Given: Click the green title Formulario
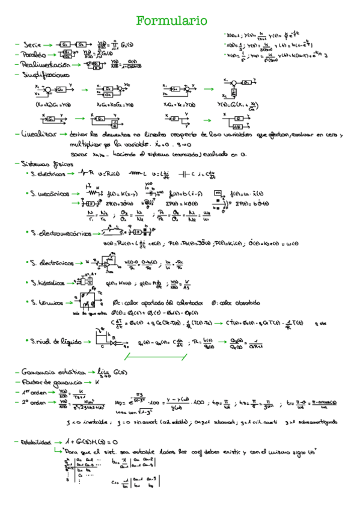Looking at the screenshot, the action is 172,22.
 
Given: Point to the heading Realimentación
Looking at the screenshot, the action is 41,64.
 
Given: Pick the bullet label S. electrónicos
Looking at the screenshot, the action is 53,263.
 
